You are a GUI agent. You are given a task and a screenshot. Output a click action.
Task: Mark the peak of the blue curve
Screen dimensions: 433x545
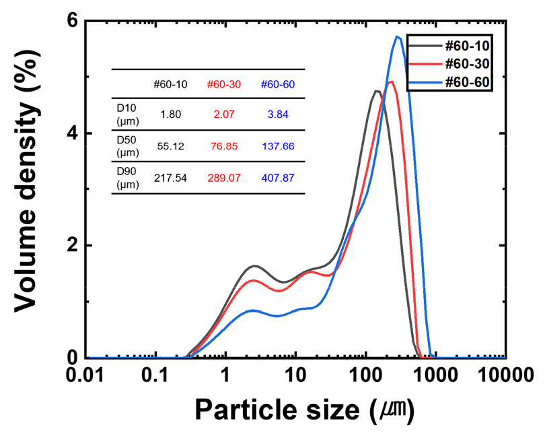tap(398, 36)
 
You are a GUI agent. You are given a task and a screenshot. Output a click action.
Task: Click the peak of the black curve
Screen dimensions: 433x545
tap(375, 91)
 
